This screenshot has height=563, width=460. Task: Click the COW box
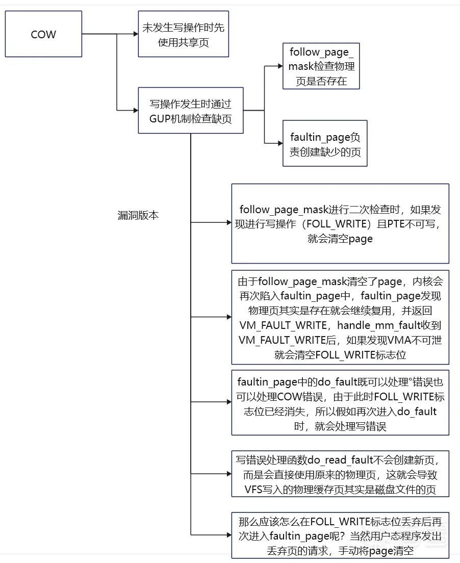43,35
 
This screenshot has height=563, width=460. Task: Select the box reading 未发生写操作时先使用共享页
184,35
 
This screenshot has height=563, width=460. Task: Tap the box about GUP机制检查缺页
190,110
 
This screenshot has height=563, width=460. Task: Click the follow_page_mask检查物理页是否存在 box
321,66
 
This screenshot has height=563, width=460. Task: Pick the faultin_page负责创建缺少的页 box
321,144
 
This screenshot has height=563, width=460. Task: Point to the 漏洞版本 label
138,215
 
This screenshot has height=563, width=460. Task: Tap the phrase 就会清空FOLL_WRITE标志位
340,355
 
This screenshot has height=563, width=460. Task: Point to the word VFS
255,490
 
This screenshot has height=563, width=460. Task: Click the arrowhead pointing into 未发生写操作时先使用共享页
136,34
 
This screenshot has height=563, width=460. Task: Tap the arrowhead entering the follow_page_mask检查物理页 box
280,66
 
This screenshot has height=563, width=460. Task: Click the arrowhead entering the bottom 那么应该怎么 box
228,535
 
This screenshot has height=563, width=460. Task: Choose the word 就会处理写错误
350,426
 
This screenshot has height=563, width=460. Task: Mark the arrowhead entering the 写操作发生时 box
135,110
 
